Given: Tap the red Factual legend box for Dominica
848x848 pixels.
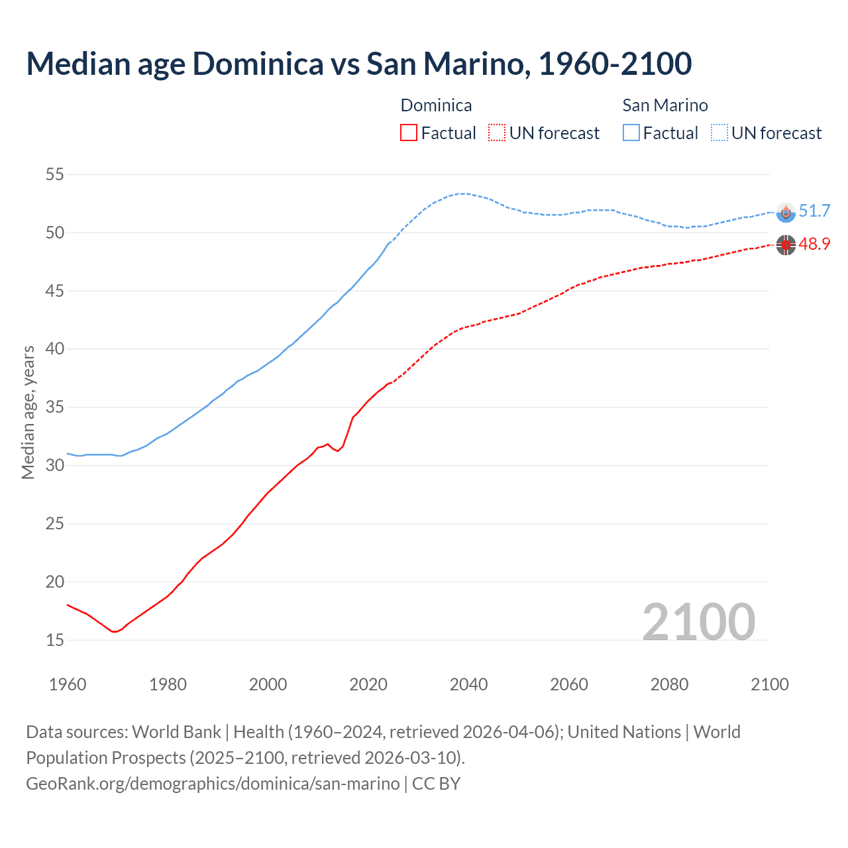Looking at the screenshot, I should point(409,133).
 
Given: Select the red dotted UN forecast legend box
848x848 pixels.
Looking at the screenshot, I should point(497,133).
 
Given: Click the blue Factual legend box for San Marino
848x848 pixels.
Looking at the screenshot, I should point(631,133).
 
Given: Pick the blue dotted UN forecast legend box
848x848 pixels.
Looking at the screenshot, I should point(719,133).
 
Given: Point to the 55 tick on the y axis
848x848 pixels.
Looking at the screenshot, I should point(54,175).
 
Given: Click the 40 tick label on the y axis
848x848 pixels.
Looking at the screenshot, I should point(54,349).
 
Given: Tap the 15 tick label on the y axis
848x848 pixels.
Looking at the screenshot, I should point(54,640).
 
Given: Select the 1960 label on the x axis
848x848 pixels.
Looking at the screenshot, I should point(68,684).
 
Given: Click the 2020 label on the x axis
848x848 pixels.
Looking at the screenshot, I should point(368,684).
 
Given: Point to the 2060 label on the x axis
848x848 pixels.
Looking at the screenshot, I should point(569,684).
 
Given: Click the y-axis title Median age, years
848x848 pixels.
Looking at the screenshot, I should point(28,412).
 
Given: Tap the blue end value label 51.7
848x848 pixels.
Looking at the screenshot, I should point(814,211).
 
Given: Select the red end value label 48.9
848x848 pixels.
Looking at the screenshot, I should point(814,244).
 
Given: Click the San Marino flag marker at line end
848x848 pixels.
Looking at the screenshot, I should point(786,212).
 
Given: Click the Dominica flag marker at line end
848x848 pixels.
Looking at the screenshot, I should point(786,245).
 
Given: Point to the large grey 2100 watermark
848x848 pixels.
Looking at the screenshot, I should point(698,621).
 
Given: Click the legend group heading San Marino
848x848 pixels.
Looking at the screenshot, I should point(665,105).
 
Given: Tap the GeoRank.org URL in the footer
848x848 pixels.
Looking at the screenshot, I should point(213,784).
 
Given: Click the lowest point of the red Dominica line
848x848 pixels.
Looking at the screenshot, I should point(114,631).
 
